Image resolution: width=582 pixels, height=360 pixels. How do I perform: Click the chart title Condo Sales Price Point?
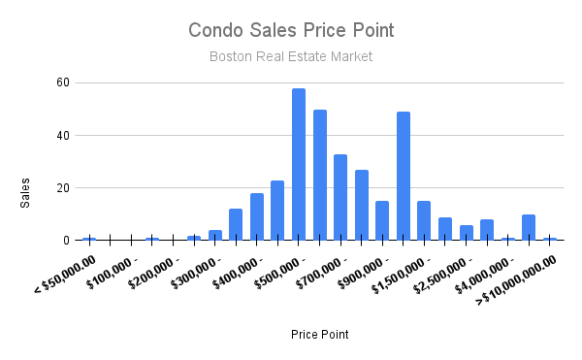(291, 30)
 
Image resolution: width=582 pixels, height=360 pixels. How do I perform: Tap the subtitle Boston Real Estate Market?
(291, 57)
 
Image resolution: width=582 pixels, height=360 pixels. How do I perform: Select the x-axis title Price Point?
(320, 335)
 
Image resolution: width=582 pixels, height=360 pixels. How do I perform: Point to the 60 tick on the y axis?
(63, 83)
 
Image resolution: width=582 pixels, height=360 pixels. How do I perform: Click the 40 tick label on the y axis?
(63, 136)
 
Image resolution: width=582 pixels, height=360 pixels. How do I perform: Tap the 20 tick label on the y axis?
(63, 188)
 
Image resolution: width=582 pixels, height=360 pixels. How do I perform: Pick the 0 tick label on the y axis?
(66, 241)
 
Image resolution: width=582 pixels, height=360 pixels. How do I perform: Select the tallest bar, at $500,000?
(299, 164)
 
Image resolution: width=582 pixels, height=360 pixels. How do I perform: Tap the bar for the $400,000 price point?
(257, 216)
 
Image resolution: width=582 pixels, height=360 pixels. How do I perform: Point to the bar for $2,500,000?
(466, 233)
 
